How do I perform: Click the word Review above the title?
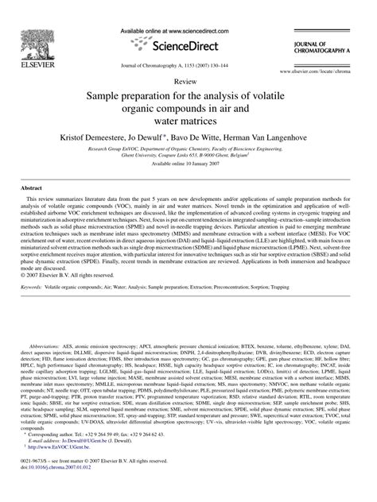point(188,81)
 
